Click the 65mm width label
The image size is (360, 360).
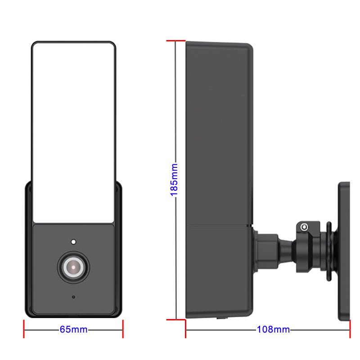click(x=73, y=330)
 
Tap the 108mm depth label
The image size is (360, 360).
click(x=273, y=330)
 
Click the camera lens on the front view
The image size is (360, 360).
click(x=73, y=268)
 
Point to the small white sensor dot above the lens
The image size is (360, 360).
click(x=73, y=241)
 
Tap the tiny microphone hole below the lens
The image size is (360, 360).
click(x=73, y=297)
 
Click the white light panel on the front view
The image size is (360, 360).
click(x=73, y=130)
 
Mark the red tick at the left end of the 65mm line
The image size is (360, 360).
click(x=24, y=329)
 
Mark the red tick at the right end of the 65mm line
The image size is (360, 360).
click(x=123, y=329)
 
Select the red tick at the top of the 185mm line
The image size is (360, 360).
click(x=175, y=41)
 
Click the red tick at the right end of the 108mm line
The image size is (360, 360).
click(x=350, y=329)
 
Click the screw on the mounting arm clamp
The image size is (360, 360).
click(x=305, y=227)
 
